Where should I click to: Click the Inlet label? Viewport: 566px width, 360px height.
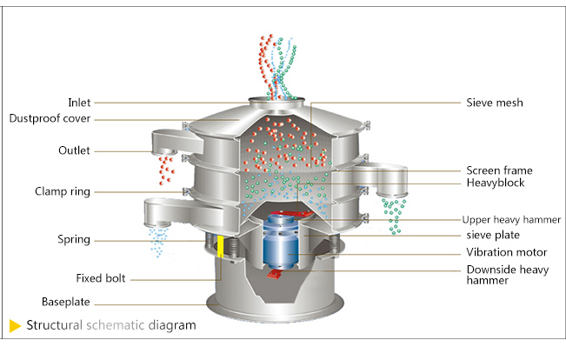click(x=78, y=103)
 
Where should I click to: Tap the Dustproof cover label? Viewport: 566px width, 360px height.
click(x=50, y=118)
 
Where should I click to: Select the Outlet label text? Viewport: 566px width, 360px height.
click(x=74, y=150)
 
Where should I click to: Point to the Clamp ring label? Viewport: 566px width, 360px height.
click(x=63, y=190)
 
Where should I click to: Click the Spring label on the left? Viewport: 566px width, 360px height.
click(x=73, y=239)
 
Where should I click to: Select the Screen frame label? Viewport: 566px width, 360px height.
click(x=499, y=170)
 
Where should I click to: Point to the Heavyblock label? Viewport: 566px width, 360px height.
click(x=495, y=183)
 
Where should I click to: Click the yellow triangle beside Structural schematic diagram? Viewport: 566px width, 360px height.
click(x=15, y=326)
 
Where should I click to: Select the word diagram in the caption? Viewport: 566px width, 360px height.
click(x=171, y=326)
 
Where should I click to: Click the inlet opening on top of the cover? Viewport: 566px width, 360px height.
click(x=280, y=101)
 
